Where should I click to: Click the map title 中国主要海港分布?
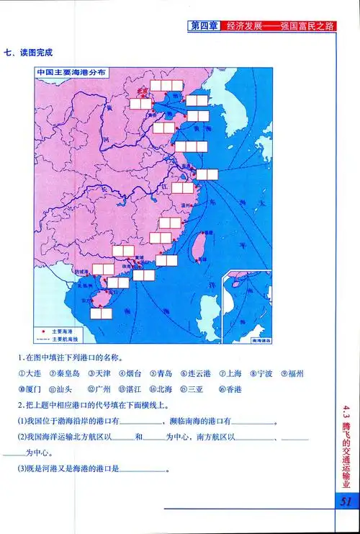(72, 73)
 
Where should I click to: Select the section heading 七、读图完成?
(29, 53)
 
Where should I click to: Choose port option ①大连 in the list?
(30, 374)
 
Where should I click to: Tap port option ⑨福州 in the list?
(292, 374)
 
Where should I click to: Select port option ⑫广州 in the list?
(96, 390)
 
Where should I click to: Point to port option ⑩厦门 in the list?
(30, 390)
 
